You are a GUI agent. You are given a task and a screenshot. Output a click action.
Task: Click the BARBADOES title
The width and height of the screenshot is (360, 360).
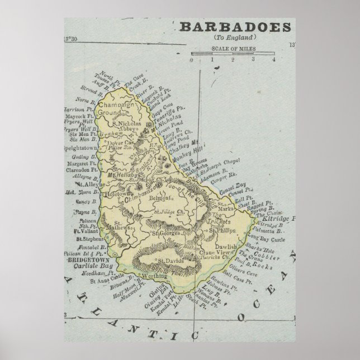pos(235,27)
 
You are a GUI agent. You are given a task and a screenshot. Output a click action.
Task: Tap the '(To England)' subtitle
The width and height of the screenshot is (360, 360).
pos(234,37)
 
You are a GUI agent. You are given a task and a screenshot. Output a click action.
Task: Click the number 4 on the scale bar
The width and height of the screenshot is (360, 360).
pos(274,59)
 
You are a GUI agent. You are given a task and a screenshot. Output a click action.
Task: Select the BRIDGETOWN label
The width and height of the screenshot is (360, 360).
pos(84,260)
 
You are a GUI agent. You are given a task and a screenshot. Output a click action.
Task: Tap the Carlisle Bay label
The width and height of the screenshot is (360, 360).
pos(84,267)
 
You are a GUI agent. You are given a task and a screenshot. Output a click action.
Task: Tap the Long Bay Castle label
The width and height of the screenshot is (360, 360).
pos(287,236)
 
